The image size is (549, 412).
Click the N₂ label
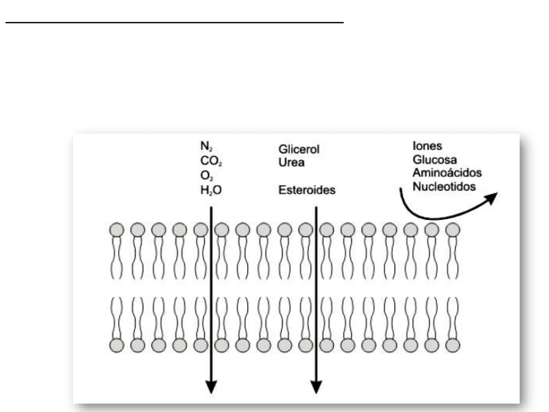tap(206, 146)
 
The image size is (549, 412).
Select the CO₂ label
tap(211, 161)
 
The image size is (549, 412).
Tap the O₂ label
tap(207, 176)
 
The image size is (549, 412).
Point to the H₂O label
tap(211, 190)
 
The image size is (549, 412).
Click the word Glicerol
tap(299, 149)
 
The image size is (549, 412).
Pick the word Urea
tap(291, 163)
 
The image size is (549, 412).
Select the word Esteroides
tap(307, 190)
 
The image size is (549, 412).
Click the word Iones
tap(427, 146)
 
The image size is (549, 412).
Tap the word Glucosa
tap(434, 159)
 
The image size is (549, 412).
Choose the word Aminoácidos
tap(447, 173)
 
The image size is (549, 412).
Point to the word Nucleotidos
tap(444, 187)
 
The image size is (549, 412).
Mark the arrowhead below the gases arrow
tap(211, 387)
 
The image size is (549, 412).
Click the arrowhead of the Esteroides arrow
tap(316, 387)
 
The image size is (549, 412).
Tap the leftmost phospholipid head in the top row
tap(117, 230)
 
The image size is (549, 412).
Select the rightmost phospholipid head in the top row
tap(453, 230)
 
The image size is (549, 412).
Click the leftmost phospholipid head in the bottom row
tap(117, 345)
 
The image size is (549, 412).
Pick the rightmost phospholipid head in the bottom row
tap(453, 345)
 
